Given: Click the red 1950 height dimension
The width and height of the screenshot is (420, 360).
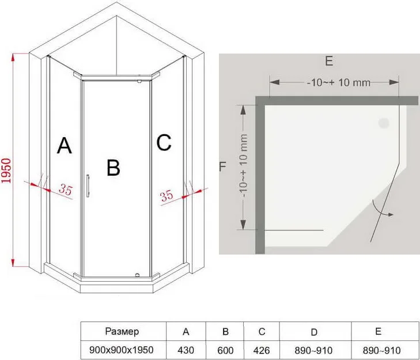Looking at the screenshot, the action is pos(6,170).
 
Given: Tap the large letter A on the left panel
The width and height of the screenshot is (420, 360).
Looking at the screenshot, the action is pos(65,146).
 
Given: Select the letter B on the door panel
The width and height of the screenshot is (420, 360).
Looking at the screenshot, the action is pos(113,168).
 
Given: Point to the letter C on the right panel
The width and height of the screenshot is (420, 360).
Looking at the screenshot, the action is pos(164,142).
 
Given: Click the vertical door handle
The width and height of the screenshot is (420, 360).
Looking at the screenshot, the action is pos(88,186).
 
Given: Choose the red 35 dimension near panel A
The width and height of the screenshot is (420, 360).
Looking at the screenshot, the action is pos(66,190).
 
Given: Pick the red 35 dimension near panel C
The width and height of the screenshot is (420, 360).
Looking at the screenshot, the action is pos(167,196).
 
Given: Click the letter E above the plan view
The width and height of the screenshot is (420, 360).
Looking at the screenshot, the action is pos(329,61).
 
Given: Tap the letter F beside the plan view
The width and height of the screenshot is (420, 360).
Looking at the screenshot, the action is pos(222,166).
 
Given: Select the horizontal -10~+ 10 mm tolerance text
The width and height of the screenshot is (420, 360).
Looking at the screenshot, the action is pos(339,82).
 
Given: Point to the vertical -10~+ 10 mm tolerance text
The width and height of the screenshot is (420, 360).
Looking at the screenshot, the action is pos(244,166).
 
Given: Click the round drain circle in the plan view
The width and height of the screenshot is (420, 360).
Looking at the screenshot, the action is pos(384,123).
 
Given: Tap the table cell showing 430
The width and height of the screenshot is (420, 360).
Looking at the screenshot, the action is pos(186,350).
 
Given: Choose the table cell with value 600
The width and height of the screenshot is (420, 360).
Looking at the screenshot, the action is pos(225,350).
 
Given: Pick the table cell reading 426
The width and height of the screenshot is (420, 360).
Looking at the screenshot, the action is pos(262,350).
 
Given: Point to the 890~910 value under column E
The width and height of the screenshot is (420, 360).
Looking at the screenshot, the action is pos(382,350).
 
